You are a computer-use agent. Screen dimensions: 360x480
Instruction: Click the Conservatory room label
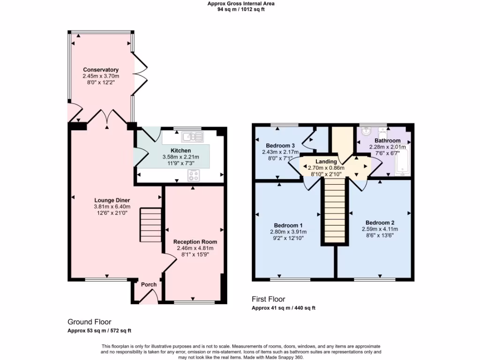101,70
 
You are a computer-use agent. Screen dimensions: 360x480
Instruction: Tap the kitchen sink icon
192,137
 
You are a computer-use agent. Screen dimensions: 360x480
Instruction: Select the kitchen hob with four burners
195,175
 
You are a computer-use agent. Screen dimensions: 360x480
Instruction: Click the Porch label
149,285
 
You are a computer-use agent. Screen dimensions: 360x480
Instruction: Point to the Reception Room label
195,242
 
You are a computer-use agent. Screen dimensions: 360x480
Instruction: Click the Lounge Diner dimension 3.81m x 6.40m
112,206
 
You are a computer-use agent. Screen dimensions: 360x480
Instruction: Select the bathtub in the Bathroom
403,162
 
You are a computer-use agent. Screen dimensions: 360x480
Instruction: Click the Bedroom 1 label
288,225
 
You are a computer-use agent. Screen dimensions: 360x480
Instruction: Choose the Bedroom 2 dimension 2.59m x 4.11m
380,229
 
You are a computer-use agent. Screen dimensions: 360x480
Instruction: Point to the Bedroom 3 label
280,145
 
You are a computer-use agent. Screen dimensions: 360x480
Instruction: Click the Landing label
326,161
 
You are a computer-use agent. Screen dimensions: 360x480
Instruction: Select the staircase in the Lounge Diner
150,225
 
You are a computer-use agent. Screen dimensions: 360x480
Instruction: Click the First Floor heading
268,299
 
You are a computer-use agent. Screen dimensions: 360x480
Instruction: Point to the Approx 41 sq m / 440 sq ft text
284,308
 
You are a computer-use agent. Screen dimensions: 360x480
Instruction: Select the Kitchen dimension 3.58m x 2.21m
180,157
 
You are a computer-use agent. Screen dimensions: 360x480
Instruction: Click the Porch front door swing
150,297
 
